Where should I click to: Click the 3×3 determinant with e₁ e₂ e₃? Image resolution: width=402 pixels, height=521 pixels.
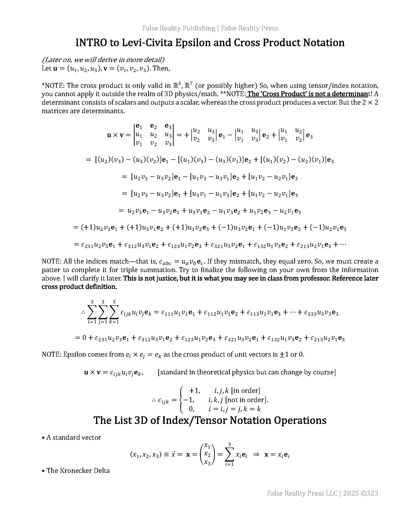(x=154, y=135)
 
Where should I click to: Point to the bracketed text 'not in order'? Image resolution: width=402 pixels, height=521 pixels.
(x=246, y=400)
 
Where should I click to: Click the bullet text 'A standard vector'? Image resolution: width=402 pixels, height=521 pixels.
(x=73, y=437)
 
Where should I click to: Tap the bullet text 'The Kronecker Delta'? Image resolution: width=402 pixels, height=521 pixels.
(x=78, y=471)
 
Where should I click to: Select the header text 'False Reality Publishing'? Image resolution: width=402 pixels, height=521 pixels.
(x=179, y=28)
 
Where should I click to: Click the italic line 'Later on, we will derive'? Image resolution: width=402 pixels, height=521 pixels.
(x=103, y=60)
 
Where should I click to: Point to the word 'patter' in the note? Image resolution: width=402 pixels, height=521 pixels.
(x=50, y=270)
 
